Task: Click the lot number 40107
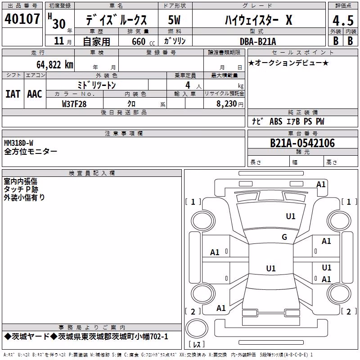tap(22, 18)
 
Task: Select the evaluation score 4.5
tap(343, 20)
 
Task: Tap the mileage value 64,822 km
tap(55, 65)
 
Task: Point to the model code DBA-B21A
tap(258, 41)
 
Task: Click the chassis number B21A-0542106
tap(302, 143)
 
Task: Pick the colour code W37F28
tap(74, 104)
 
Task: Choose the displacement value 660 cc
tap(143, 41)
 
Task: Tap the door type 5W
tap(174, 20)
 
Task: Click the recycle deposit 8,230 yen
tap(230, 104)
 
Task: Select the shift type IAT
tap(13, 94)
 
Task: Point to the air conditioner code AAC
tap(35, 94)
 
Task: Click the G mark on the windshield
tap(284, 237)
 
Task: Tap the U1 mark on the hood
tap(290, 216)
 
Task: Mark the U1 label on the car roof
tap(271, 268)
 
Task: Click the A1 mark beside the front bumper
tap(321, 184)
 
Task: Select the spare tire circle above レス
tap(197, 328)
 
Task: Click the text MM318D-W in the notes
tap(18, 143)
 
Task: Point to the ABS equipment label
tap(276, 121)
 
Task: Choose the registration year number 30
tap(59, 24)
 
